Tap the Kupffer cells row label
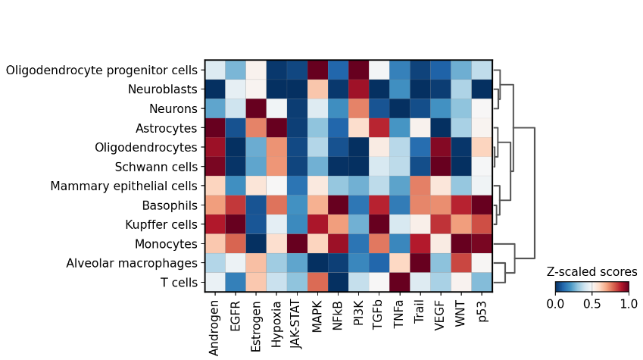click(160, 225)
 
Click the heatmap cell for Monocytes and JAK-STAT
click(297, 244)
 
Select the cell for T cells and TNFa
click(400, 283)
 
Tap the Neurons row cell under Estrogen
click(256, 108)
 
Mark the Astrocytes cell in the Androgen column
click(215, 128)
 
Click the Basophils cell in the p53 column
click(482, 205)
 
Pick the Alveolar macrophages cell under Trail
click(420, 264)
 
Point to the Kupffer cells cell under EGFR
click(236, 225)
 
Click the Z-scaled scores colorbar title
click(591, 271)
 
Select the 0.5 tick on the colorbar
click(591, 303)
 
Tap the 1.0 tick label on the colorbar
click(629, 303)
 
